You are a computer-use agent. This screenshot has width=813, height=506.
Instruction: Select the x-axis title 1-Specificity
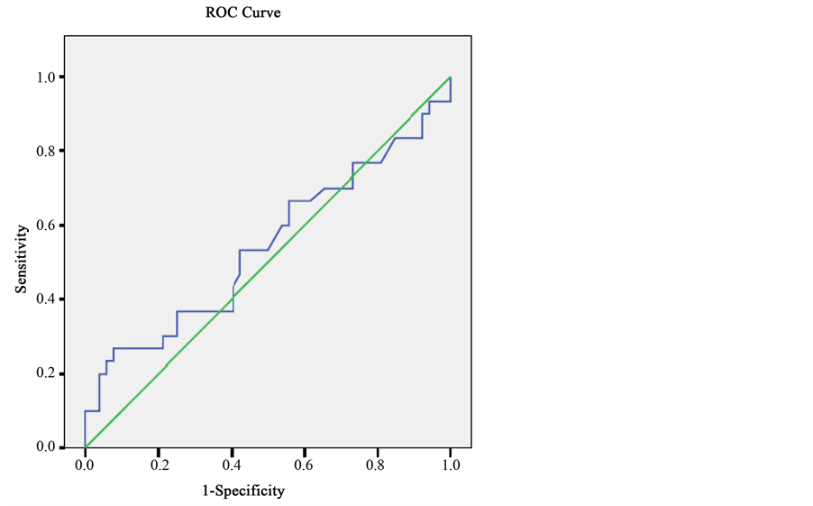(242, 491)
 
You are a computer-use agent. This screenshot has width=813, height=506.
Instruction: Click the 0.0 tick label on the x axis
(85, 465)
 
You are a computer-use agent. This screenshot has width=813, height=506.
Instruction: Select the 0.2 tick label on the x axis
(158, 465)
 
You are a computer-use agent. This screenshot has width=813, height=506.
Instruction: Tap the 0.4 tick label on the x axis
(231, 465)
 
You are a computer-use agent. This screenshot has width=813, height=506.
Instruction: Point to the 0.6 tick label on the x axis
(304, 465)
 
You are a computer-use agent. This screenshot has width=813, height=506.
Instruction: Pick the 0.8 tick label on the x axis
(377, 465)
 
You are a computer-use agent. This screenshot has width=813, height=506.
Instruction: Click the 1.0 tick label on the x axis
(450, 465)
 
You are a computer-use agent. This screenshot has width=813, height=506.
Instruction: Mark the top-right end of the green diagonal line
(450, 78)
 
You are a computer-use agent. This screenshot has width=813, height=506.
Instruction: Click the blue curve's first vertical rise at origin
(85, 429)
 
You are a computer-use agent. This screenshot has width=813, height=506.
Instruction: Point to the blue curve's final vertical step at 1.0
(450, 89)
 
